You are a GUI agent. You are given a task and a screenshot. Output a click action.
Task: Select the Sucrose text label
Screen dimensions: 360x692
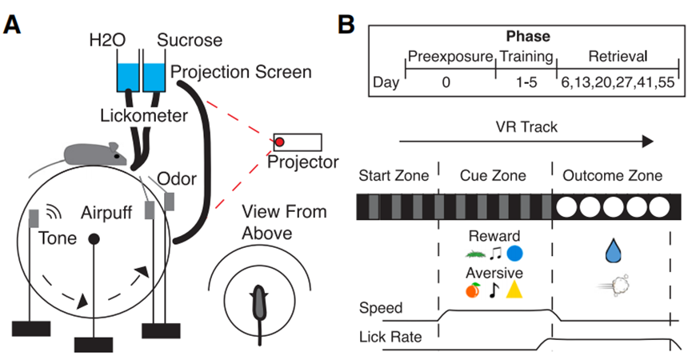186,40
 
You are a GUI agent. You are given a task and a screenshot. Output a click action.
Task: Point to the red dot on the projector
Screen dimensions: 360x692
280,142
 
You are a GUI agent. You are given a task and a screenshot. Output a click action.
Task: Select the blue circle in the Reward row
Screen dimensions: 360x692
515,254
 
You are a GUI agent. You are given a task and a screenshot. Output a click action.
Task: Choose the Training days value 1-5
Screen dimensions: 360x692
526,82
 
